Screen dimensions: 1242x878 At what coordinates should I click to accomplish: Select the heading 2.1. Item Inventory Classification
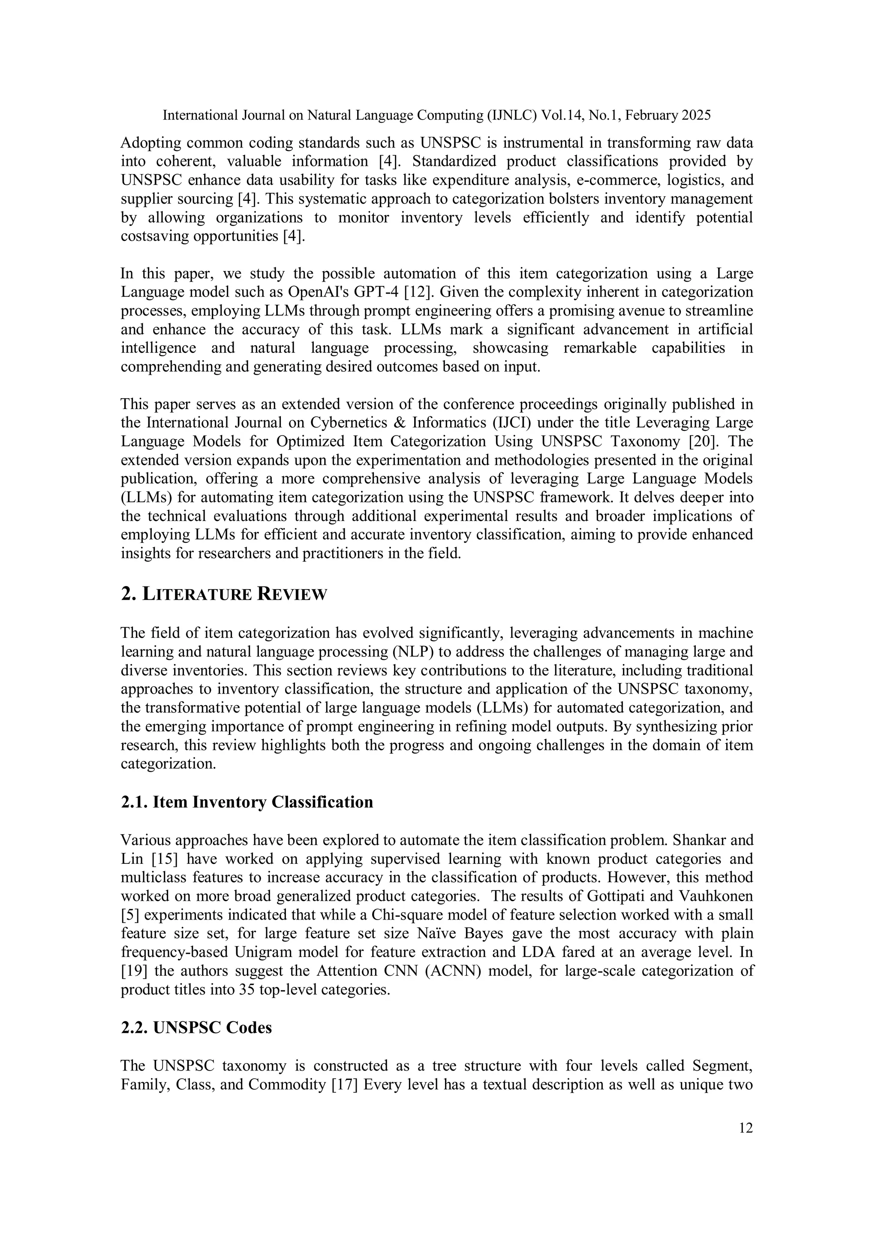coord(247,802)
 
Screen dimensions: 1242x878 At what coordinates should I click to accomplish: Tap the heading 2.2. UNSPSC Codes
coord(196,1027)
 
